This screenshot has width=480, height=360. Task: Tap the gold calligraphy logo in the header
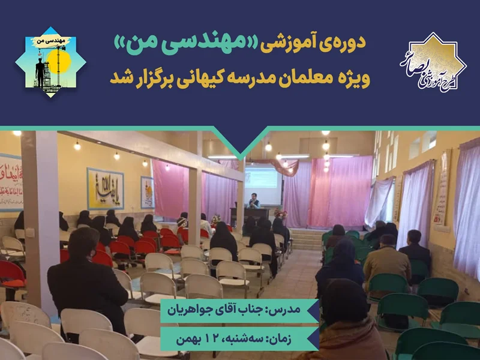[432, 64]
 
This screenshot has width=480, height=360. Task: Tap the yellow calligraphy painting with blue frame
[105, 188]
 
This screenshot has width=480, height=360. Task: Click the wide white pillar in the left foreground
[40, 216]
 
